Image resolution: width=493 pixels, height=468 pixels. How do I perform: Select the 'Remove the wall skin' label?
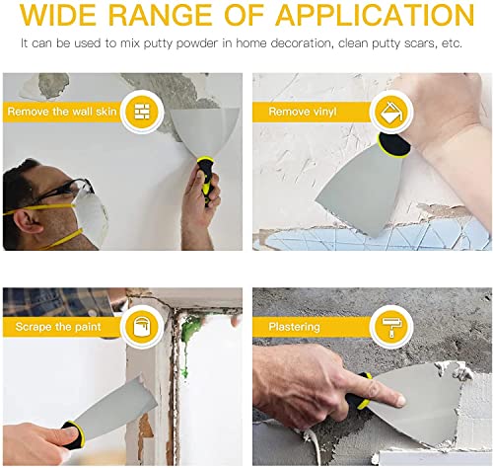pos(62,112)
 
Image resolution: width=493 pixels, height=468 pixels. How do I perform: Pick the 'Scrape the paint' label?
pos(59,326)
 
